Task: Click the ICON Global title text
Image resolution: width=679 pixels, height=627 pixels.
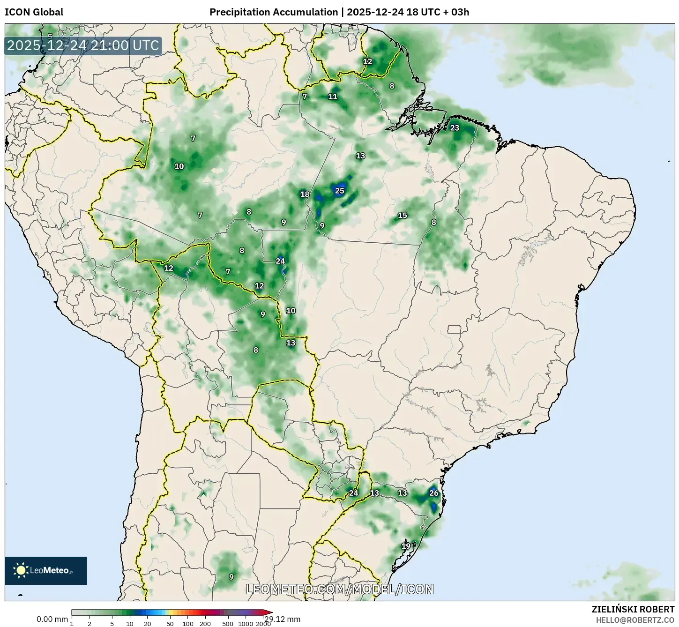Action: [34, 12]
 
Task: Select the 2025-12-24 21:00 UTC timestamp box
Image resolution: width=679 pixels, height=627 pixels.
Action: [83, 45]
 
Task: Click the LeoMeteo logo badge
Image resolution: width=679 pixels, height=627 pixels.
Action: [46, 570]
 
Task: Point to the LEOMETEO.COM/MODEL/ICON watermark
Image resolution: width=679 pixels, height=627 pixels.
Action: [340, 589]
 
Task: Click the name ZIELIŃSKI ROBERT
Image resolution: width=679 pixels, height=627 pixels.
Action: [633, 610]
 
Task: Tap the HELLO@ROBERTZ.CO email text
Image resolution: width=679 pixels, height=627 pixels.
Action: [635, 620]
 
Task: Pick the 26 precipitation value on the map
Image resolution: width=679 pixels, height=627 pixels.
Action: [434, 493]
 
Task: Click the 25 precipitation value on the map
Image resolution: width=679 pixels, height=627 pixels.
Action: [340, 191]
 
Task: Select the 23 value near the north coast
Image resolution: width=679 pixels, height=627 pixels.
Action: [455, 128]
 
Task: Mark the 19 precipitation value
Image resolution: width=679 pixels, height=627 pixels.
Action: [406, 546]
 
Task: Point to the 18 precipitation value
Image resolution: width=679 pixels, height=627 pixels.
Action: [305, 194]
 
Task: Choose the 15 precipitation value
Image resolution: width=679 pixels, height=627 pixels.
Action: [403, 216]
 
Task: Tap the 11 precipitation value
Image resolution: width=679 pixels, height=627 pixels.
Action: [333, 97]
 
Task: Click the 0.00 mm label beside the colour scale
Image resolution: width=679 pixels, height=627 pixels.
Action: [52, 619]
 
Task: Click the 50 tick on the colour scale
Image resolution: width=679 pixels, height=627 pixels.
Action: [170, 624]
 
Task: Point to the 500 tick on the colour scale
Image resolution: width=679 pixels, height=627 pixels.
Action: [228, 624]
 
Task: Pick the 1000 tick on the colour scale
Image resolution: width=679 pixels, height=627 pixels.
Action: [246, 624]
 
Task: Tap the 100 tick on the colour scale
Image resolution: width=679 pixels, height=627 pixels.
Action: [187, 624]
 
